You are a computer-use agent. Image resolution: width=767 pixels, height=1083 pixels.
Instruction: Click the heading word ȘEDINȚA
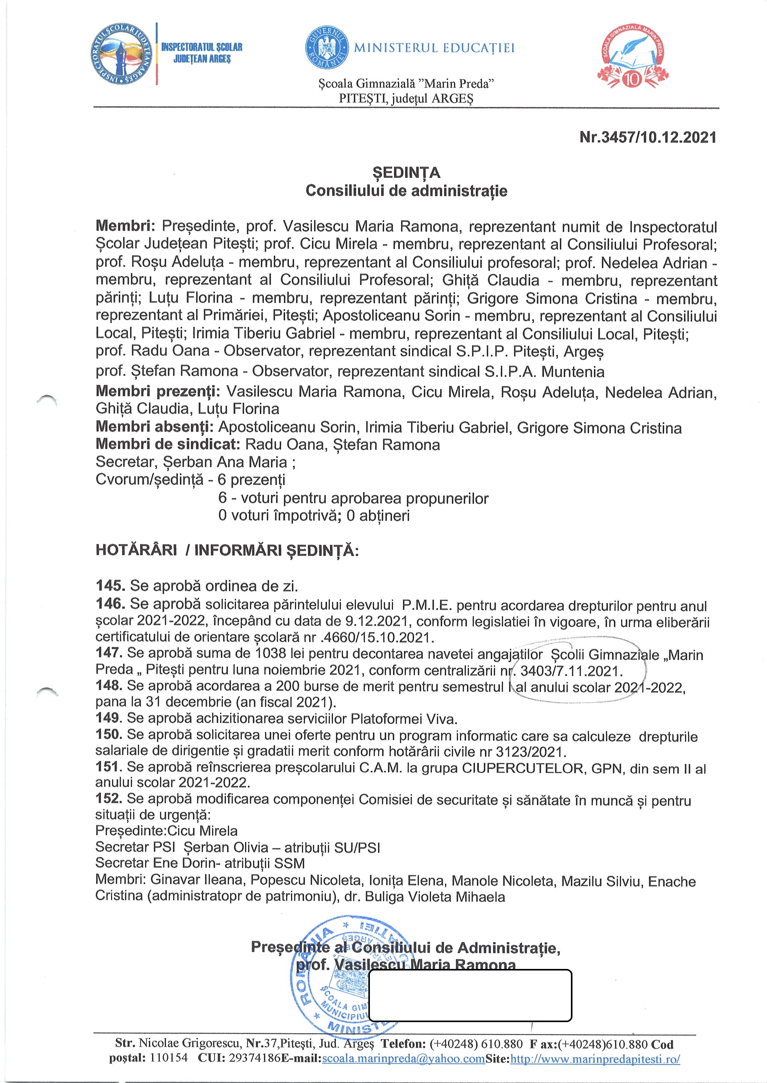[406, 173]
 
